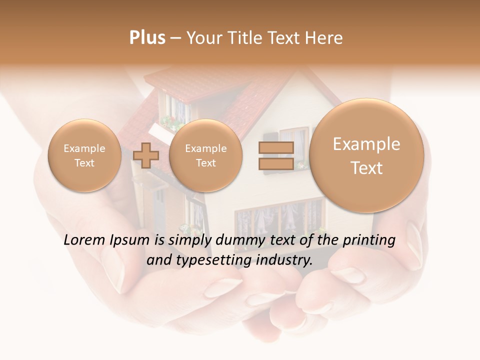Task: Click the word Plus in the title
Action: [147, 38]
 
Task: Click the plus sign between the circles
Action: [146, 155]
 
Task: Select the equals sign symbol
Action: [275, 155]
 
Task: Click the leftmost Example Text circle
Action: [84, 155]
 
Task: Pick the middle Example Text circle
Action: [205, 155]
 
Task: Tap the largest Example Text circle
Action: [366, 155]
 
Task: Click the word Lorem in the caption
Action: [84, 240]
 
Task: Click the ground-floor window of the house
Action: [280, 215]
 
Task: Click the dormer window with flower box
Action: [175, 112]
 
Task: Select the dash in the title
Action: [175, 38]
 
